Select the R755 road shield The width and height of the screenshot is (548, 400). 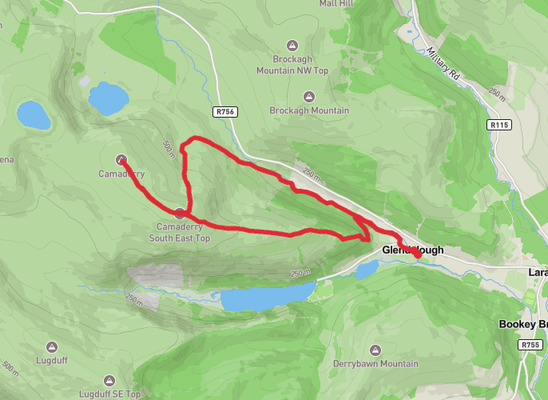pyautogui.click(x=529, y=345)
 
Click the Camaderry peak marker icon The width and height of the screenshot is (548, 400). pyautogui.click(x=121, y=158)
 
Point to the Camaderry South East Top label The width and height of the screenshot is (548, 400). pyautogui.click(x=183, y=232)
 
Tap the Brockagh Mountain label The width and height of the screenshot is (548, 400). pyautogui.click(x=309, y=110)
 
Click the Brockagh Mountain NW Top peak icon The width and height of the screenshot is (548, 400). pyautogui.click(x=292, y=45)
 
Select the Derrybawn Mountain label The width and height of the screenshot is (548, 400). pyautogui.click(x=375, y=364)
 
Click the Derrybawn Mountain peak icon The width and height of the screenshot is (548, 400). pyautogui.click(x=375, y=350)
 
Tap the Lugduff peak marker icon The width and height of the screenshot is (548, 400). pyautogui.click(x=52, y=347)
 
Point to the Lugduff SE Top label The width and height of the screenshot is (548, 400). pyautogui.click(x=110, y=394)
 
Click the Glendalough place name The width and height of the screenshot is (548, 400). pyautogui.click(x=412, y=250)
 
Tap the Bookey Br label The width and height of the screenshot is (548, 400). pyautogui.click(x=522, y=324)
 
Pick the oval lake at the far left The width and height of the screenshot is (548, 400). pyautogui.click(x=34, y=115)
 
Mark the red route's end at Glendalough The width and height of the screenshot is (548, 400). pyautogui.click(x=417, y=253)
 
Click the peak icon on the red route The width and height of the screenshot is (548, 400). pyautogui.click(x=181, y=213)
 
